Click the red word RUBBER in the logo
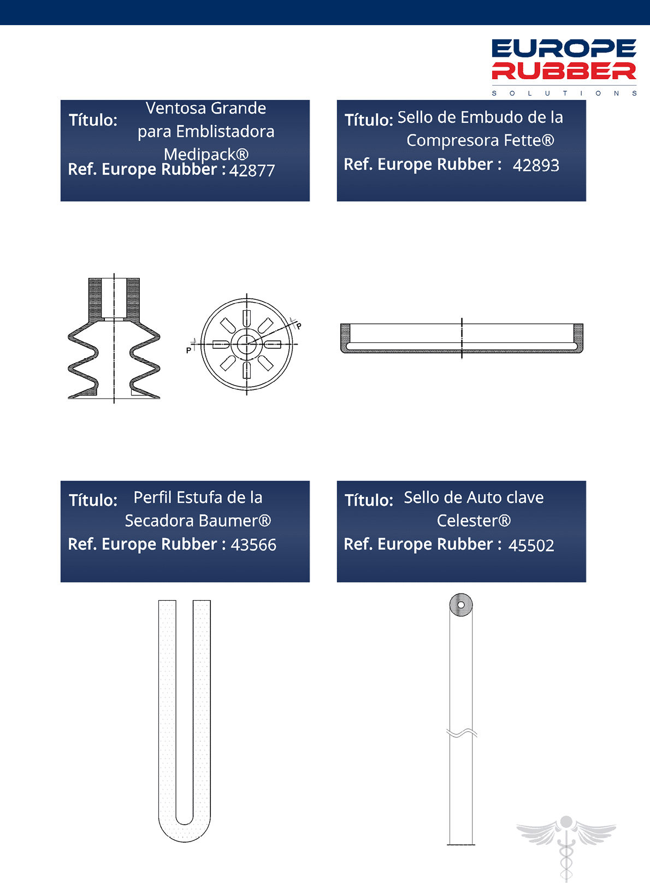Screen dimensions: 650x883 point(564,71)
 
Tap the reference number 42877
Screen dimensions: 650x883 point(252,171)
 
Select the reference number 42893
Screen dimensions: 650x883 point(536,165)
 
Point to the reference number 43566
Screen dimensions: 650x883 point(253,545)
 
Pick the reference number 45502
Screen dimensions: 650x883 point(531,546)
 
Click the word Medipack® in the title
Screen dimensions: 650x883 point(206,154)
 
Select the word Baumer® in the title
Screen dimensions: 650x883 point(235,521)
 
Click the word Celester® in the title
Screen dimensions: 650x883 point(474,521)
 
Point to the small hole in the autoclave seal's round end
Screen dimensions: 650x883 point(460,605)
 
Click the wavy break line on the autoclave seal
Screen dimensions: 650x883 point(462,733)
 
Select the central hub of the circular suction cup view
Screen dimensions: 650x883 point(246,343)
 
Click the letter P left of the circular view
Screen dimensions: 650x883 point(188,350)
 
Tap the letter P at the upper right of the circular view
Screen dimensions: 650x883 point(299,326)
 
